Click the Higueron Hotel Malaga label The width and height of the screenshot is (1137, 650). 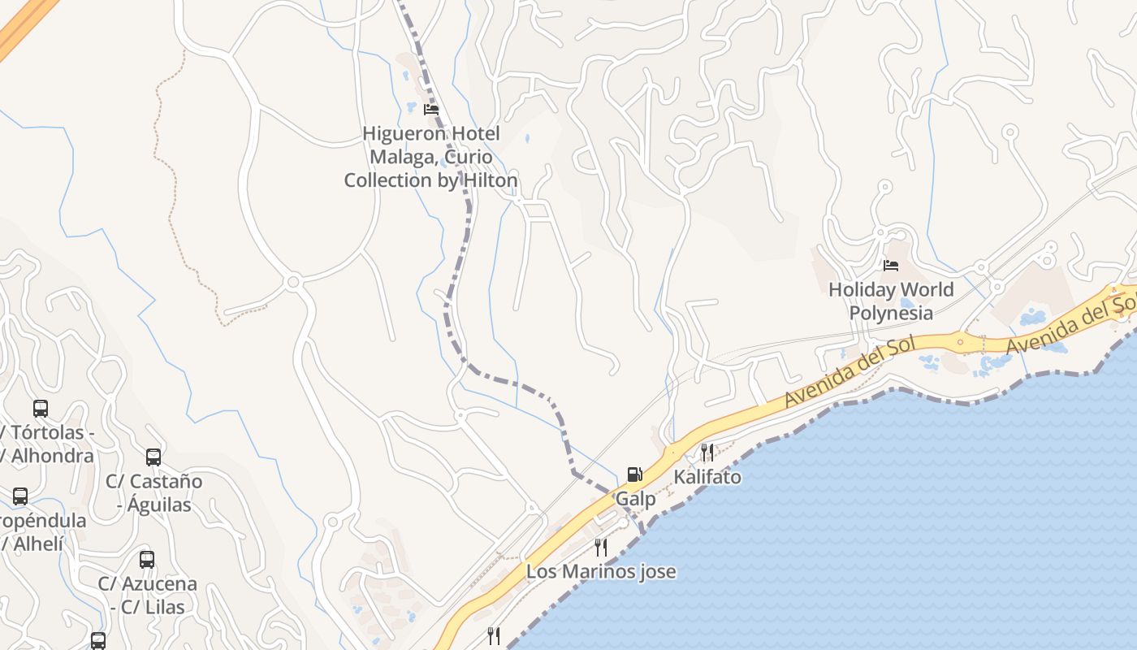[x=430, y=157]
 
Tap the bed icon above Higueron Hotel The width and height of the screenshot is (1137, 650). [x=431, y=110]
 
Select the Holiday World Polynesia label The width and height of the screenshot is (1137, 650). [x=891, y=301]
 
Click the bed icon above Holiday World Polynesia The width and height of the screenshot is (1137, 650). [x=891, y=265]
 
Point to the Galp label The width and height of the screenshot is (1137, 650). [x=635, y=499]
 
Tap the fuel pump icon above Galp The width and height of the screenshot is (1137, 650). [x=634, y=474]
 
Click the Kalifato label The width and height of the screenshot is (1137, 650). [x=707, y=477]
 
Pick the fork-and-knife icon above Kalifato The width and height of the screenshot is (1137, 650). [x=707, y=452]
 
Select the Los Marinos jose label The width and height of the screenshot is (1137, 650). [x=601, y=571]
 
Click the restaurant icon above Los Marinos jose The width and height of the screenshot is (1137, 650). [x=601, y=547]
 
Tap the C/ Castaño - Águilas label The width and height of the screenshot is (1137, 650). [x=153, y=492]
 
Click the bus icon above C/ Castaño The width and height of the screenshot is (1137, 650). [x=153, y=457]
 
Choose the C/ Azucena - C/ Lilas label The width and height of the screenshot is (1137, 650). [x=147, y=595]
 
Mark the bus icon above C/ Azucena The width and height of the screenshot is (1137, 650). [x=147, y=559]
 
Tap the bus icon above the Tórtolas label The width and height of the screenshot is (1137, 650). [x=41, y=408]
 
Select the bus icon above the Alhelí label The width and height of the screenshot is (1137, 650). [x=20, y=496]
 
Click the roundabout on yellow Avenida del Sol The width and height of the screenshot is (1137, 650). [x=961, y=342]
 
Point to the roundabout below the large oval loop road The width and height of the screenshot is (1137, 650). [x=294, y=282]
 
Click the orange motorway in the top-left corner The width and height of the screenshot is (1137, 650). [x=24, y=24]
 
